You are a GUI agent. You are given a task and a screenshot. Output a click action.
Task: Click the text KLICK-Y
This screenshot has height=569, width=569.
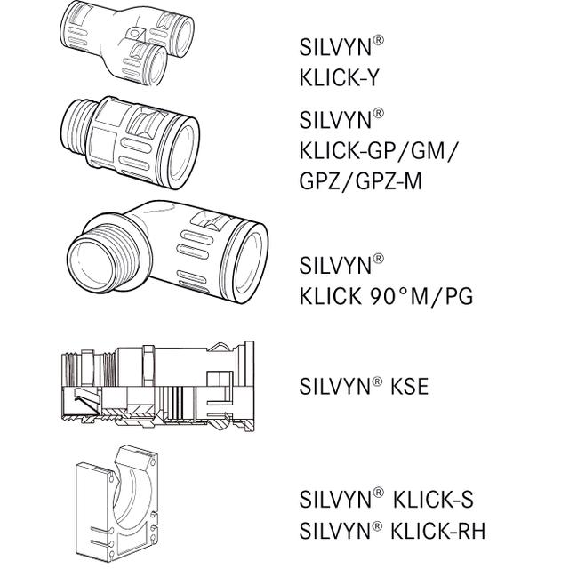point(341,78)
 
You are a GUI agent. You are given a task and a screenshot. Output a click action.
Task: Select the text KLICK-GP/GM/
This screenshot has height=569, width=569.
point(380,148)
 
